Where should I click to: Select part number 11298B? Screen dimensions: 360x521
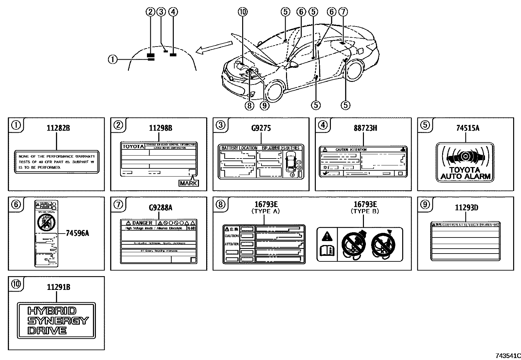pyautogui.click(x=160, y=128)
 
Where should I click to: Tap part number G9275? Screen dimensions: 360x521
pyautogui.click(x=261, y=128)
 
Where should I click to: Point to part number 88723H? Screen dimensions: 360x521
pyautogui.click(x=365, y=128)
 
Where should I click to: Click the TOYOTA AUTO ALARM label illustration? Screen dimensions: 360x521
pyautogui.click(x=465, y=162)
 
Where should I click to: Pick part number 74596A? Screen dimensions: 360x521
pyautogui.click(x=77, y=233)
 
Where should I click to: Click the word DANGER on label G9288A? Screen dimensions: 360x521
pyautogui.click(x=142, y=223)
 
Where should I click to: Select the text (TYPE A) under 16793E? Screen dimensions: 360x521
pyautogui.click(x=265, y=212)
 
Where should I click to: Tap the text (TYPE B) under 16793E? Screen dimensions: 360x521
pyautogui.click(x=365, y=212)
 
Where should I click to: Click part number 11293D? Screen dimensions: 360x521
pyautogui.click(x=466, y=208)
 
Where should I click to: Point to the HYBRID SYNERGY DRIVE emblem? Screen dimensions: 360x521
pyautogui.click(x=57, y=320)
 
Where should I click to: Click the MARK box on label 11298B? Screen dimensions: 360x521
pyautogui.click(x=189, y=183)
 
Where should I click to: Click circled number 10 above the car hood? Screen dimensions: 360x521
pyautogui.click(x=243, y=12)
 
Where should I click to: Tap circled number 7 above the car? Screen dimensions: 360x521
pyautogui.click(x=342, y=12)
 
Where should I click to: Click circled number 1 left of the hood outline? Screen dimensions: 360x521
pyautogui.click(x=112, y=59)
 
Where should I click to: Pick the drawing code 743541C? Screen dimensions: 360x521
pyautogui.click(x=508, y=356)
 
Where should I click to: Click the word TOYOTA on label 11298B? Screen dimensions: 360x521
pyautogui.click(x=133, y=146)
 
